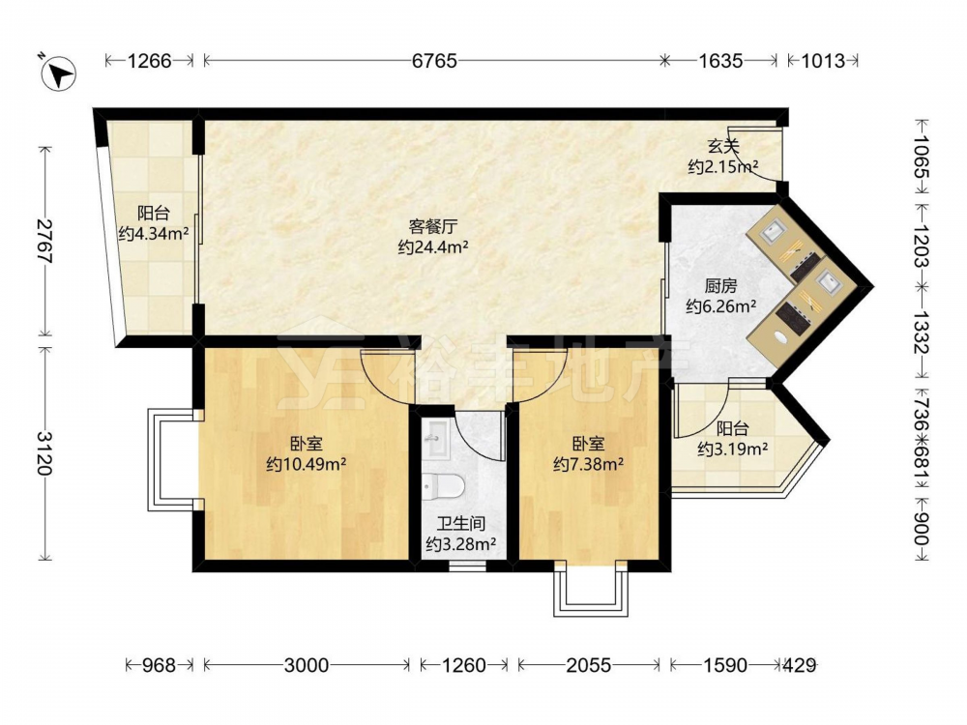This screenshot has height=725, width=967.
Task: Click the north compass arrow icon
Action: [x=59, y=73]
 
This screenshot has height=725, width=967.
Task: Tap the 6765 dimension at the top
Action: [x=434, y=60]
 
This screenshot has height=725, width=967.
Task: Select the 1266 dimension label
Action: [x=149, y=60]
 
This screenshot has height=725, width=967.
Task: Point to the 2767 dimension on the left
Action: [x=44, y=241]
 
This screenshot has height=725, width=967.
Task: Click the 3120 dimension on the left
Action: [x=44, y=453]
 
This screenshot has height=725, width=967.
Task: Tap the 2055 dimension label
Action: [x=588, y=665]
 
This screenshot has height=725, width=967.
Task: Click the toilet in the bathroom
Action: [x=443, y=486]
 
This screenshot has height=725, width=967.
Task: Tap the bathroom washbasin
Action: [x=437, y=439]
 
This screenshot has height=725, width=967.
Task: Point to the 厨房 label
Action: [x=721, y=286]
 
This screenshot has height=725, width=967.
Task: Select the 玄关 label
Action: [x=722, y=147]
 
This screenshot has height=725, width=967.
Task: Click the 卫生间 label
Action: [x=461, y=525]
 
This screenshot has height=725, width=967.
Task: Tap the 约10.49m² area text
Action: [x=306, y=464]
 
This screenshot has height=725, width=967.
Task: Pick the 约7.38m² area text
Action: [x=588, y=464]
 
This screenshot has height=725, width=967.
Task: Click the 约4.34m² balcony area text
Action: [x=154, y=234]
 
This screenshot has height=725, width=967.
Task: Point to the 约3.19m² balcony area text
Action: [x=733, y=449]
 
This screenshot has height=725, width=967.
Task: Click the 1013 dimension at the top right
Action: [x=823, y=60]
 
